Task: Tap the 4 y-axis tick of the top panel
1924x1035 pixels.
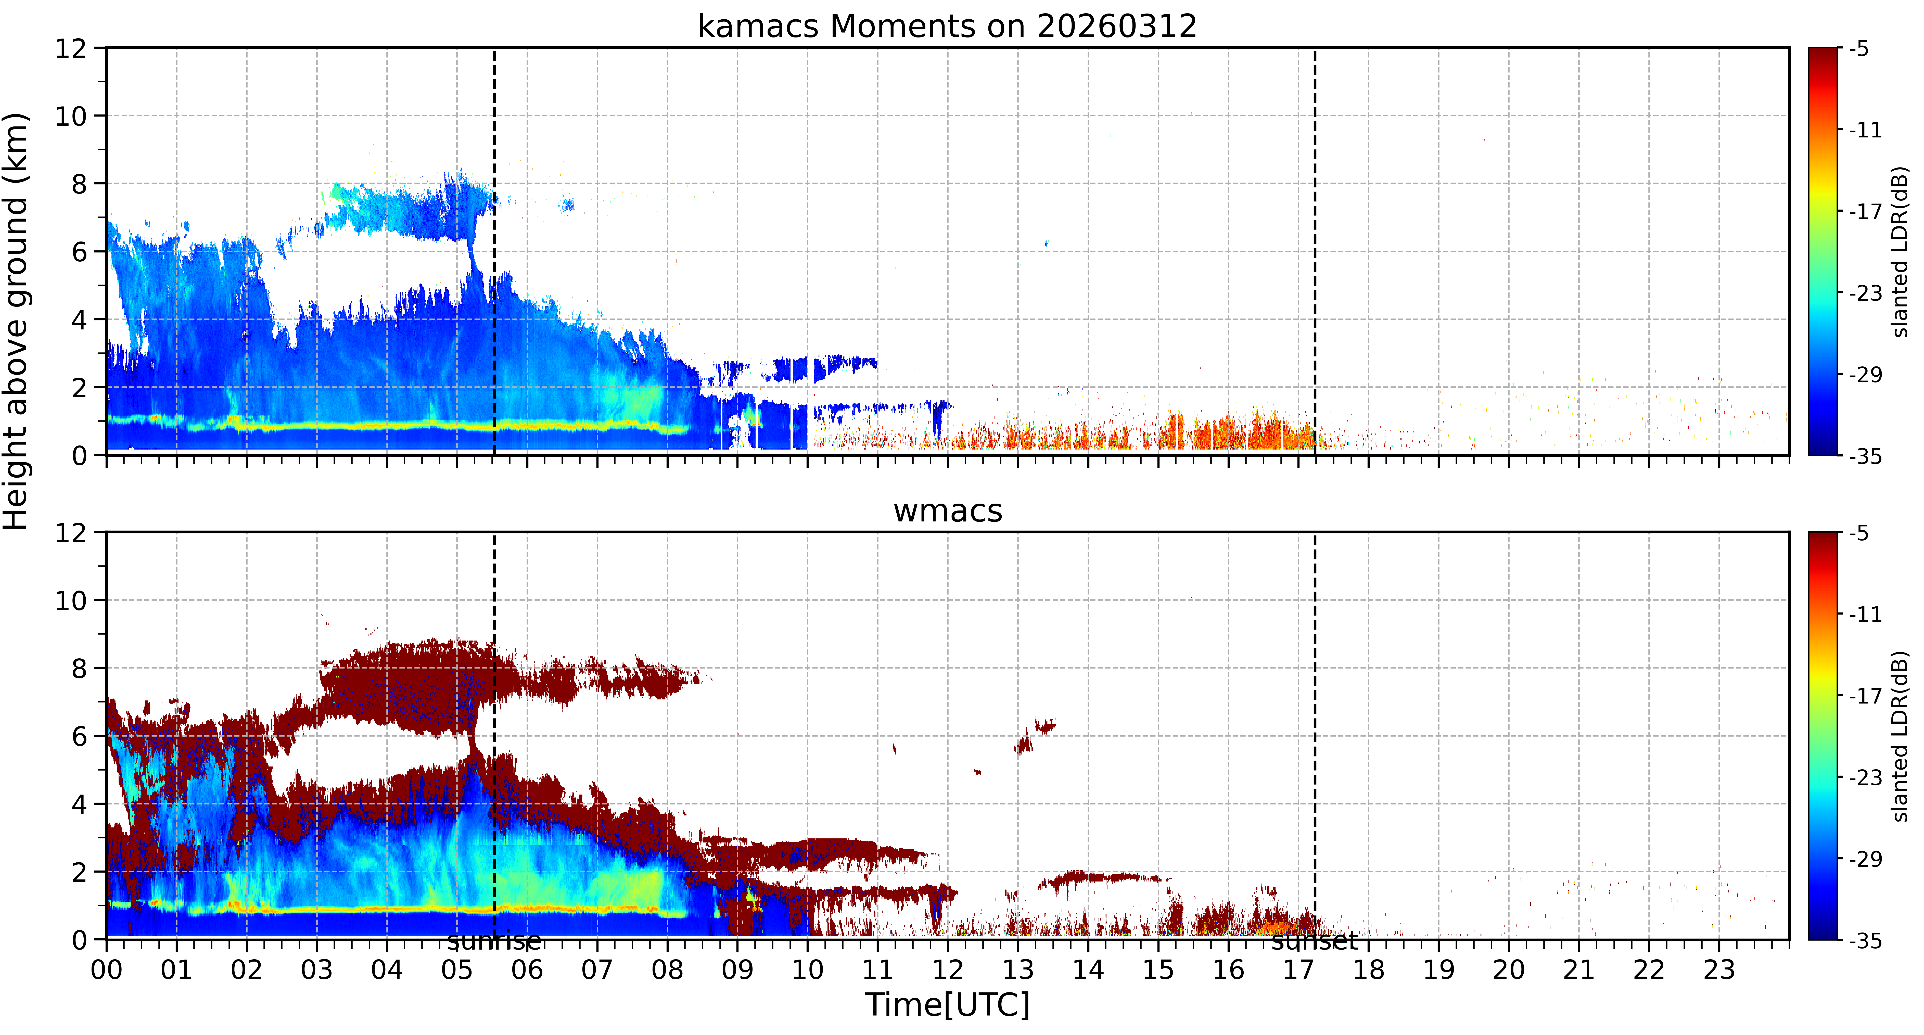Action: [79, 320]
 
